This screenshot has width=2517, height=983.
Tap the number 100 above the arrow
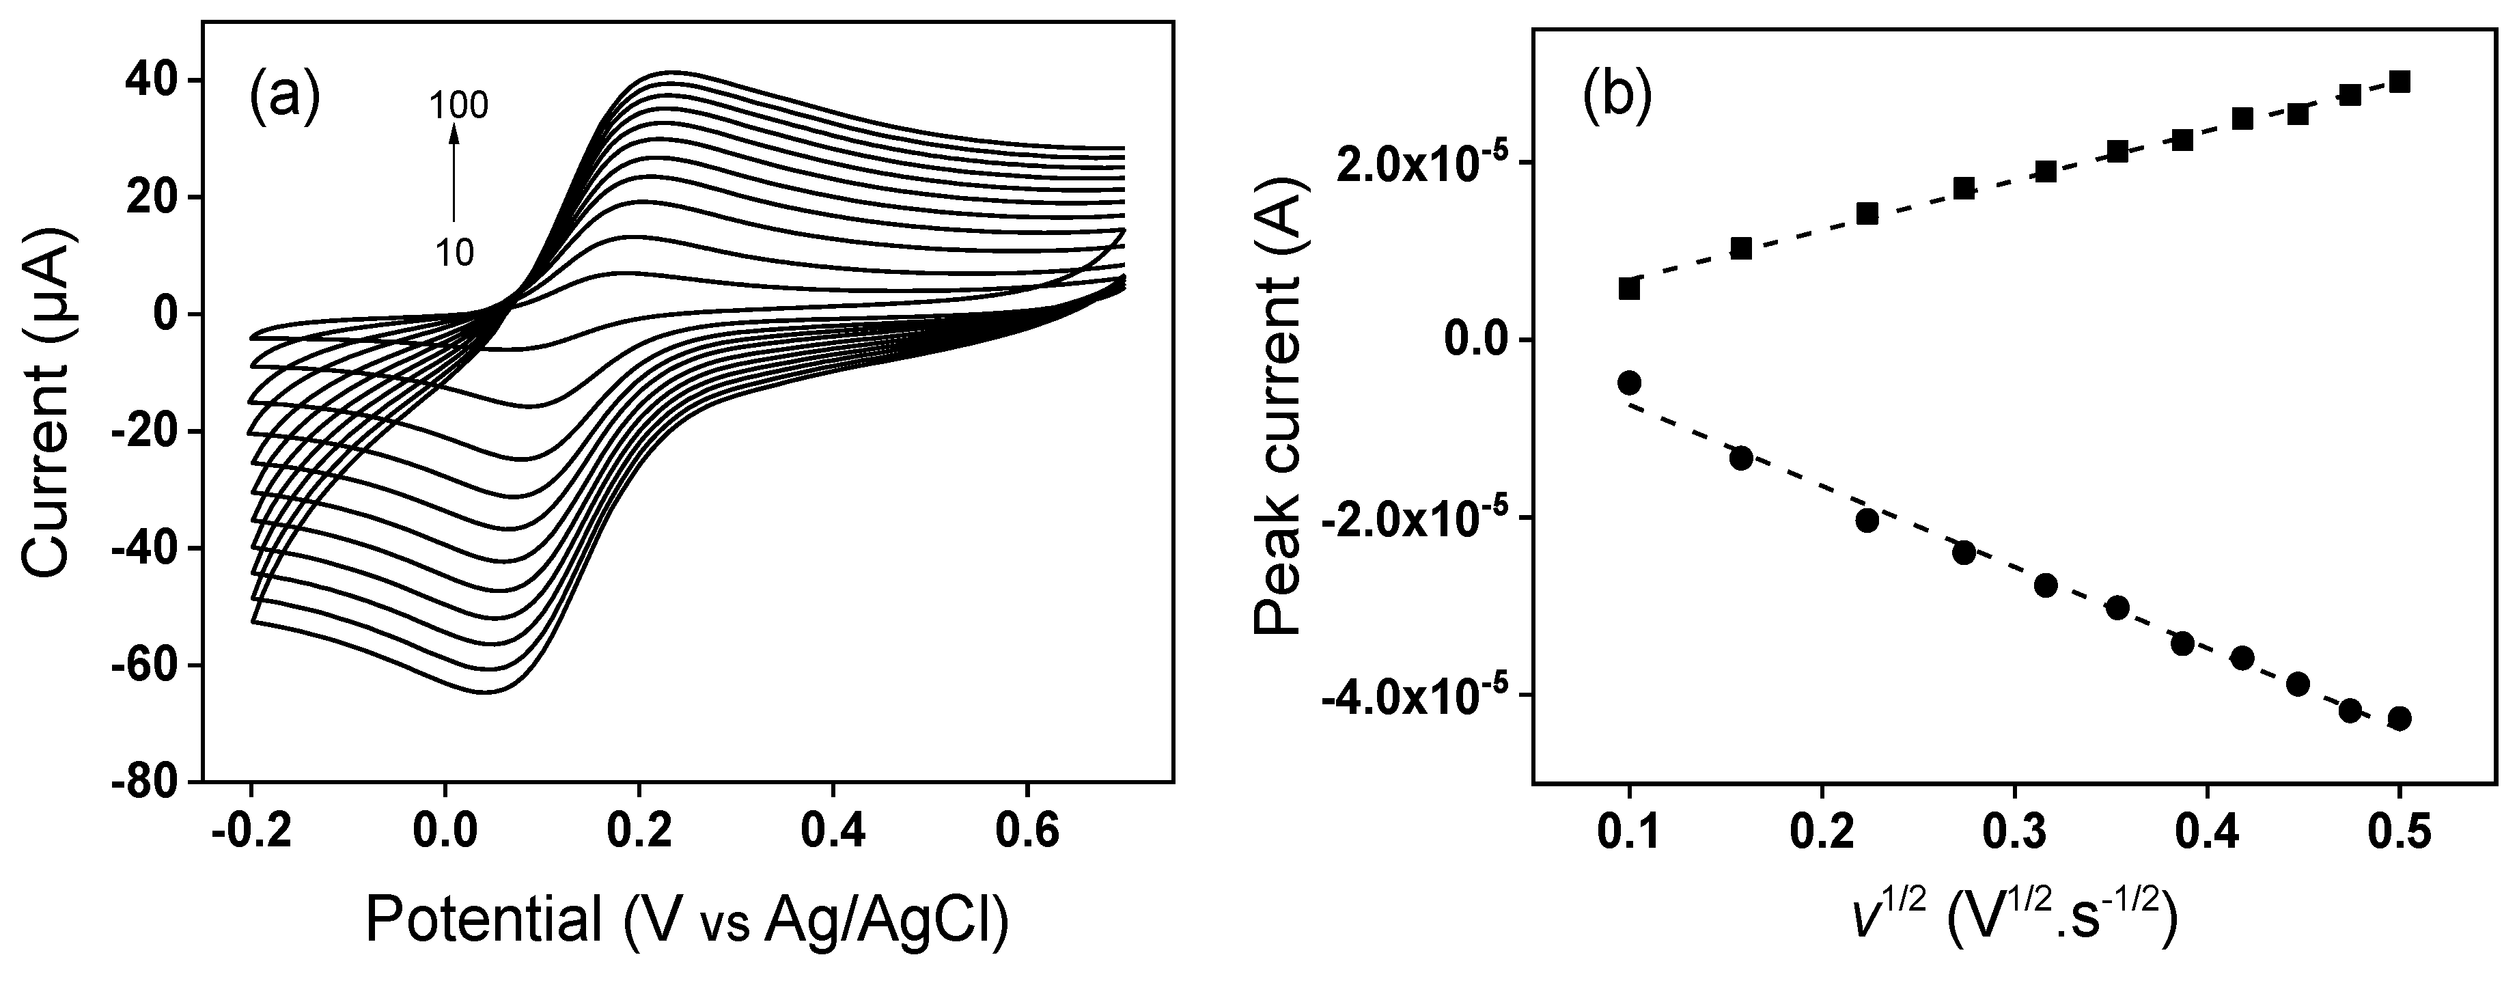pos(459,105)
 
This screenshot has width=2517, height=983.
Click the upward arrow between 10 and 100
pos(454,176)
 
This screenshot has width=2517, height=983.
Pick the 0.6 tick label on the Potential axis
pos(1027,835)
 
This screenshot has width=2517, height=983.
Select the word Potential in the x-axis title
pos(484,920)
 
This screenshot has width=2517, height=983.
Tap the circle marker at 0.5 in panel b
pos(2399,718)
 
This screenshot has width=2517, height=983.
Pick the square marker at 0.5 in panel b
pos(2399,82)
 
